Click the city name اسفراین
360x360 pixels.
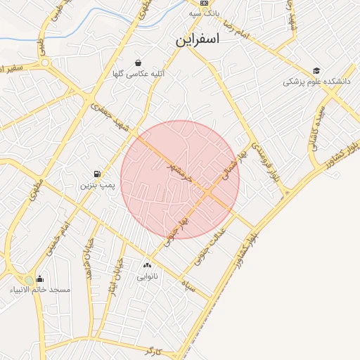198,39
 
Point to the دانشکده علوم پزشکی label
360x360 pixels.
316,82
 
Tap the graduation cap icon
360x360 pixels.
316,70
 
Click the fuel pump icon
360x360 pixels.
96,174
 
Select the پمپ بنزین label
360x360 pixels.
96,185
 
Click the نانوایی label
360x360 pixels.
147,276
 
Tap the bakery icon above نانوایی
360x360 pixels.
147,265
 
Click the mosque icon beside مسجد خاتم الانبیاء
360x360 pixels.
39,278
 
